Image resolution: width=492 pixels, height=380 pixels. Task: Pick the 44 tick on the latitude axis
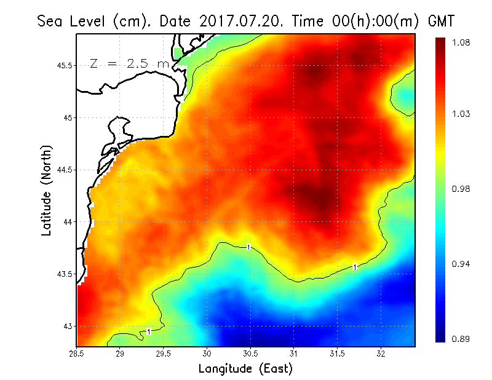tap(66, 221)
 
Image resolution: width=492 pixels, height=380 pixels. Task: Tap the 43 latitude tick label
tap(66, 326)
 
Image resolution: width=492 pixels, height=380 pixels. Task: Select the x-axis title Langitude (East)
tap(245, 369)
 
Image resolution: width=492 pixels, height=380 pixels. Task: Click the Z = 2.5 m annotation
tap(129, 63)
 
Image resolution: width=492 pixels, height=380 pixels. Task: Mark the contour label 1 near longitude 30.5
tap(248, 247)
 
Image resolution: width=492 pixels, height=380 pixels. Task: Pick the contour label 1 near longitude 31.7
tap(355, 267)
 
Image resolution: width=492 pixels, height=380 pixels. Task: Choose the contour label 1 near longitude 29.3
tap(149, 331)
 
